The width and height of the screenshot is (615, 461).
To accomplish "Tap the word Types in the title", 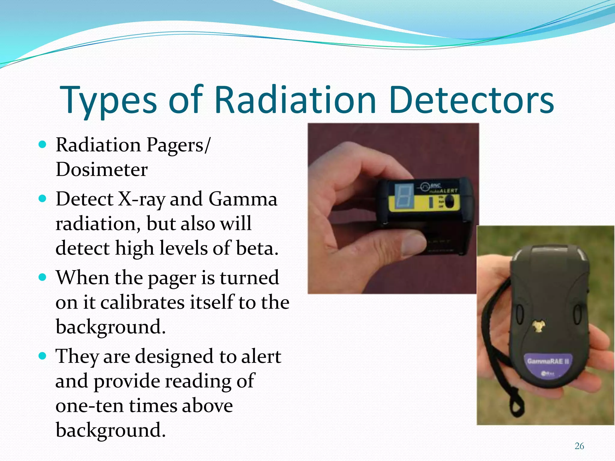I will click(108, 101).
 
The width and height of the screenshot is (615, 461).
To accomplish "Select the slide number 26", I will click(579, 446).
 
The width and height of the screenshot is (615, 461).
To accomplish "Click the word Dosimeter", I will click(101, 170).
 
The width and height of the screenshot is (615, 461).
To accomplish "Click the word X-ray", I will click(141, 200).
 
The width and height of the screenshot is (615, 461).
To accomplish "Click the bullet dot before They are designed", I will click(43, 356).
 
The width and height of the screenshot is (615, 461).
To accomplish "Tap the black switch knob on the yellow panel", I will click(449, 202).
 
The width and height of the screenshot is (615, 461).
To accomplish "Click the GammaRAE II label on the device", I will click(548, 361).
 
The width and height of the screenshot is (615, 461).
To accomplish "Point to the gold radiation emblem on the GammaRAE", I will click(538, 326).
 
